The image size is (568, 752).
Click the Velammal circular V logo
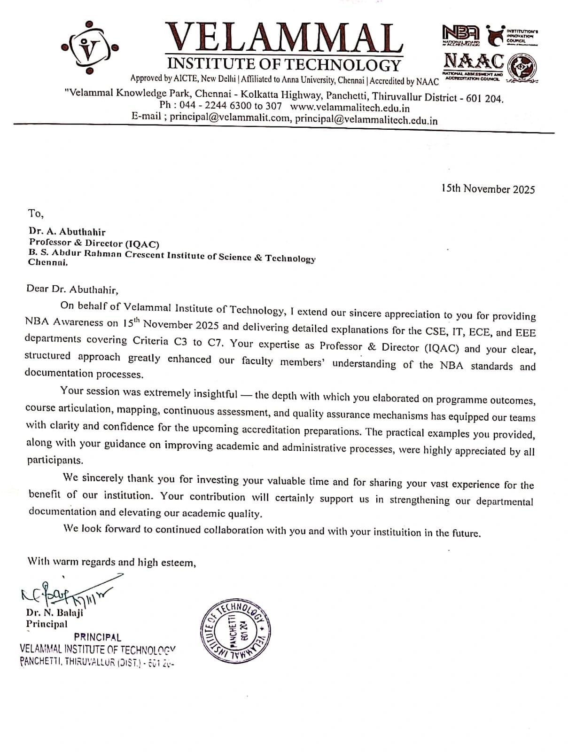pyautogui.click(x=89, y=47)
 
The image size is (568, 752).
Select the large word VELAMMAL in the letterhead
pyautogui.click(x=285, y=38)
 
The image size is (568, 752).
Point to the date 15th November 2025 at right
pyautogui.click(x=488, y=189)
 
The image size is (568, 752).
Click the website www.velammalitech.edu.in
pyautogui.click(x=350, y=108)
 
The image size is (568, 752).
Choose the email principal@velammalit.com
pyautogui.click(x=230, y=118)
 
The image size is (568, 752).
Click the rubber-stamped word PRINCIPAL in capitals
pyautogui.click(x=97, y=637)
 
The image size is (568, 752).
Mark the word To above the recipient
pyautogui.click(x=35, y=213)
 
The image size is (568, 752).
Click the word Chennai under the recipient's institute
pyautogui.click(x=47, y=262)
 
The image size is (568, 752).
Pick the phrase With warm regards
pyautogui.click(x=71, y=562)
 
